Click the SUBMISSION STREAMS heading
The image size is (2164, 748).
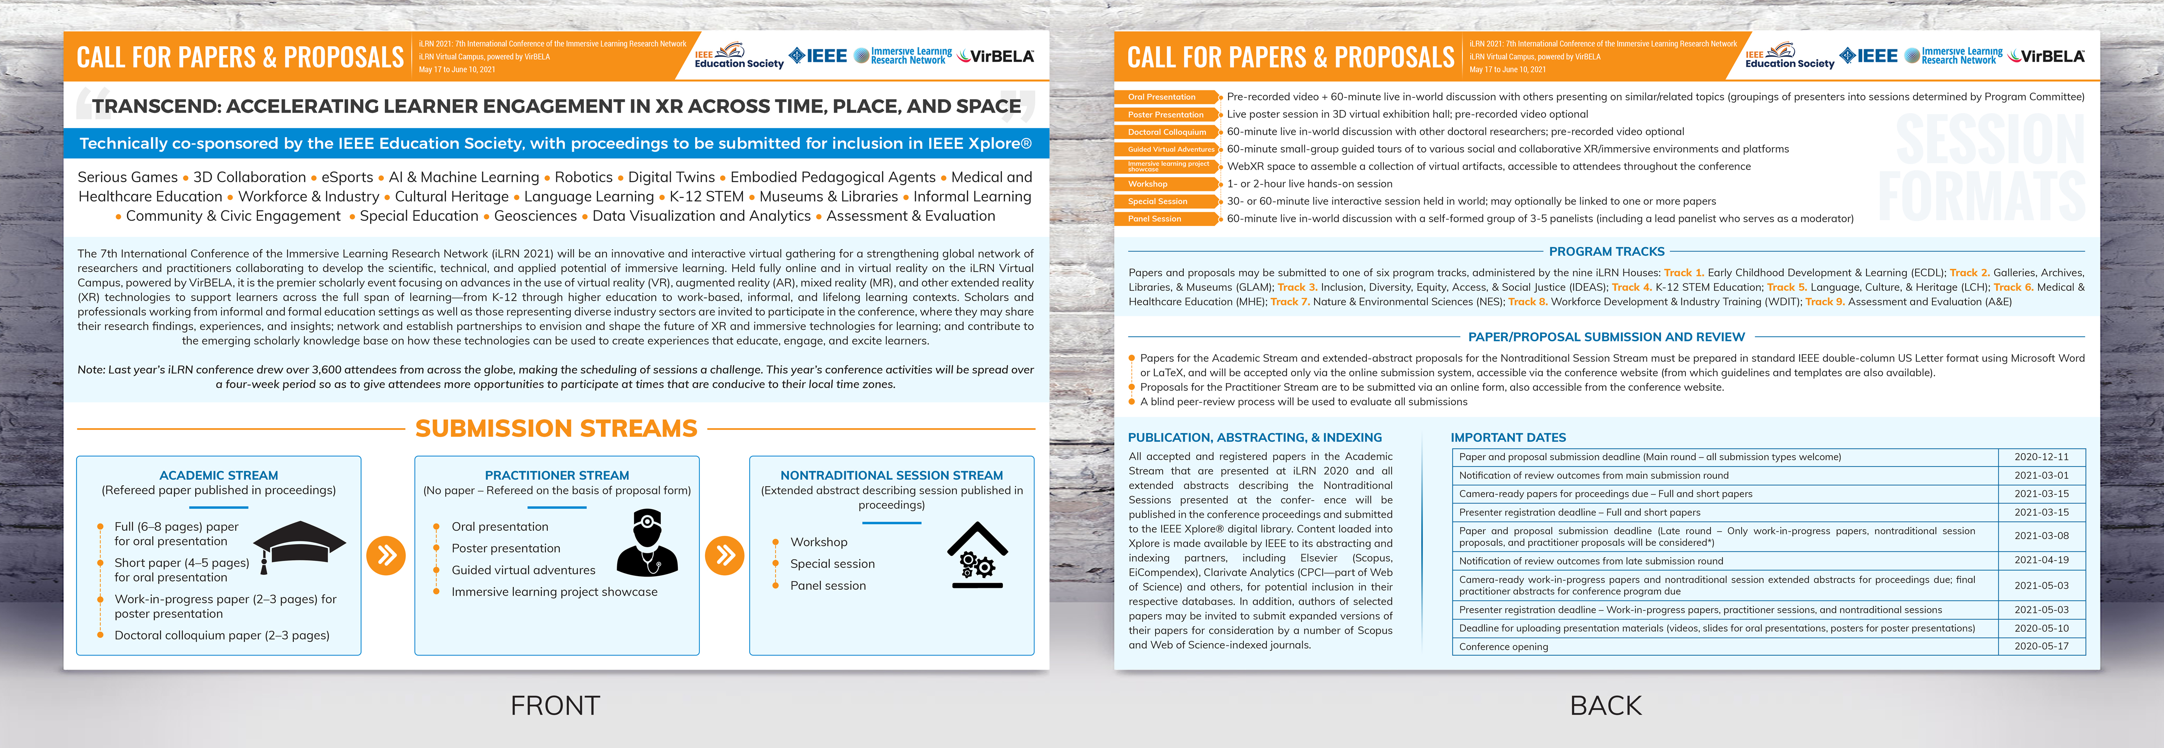[556, 429]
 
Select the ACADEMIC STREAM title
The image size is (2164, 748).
[219, 475]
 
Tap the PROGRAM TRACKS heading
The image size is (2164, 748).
[1606, 251]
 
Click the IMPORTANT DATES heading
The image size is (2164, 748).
[1508, 437]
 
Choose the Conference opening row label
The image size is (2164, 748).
[1504, 646]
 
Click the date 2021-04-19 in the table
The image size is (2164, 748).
[2042, 560]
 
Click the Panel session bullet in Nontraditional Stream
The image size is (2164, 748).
[828, 586]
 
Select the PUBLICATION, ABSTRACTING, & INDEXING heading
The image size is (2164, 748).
[1254, 437]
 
